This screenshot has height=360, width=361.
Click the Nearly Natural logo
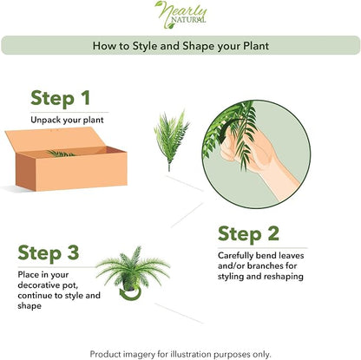point(180,15)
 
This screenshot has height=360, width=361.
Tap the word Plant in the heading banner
point(256,46)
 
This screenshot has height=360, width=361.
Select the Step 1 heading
point(60,99)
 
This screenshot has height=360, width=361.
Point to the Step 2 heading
point(248,234)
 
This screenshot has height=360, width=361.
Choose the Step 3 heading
point(49,253)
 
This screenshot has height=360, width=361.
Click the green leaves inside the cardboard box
point(61,154)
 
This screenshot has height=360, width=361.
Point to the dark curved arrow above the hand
point(228,128)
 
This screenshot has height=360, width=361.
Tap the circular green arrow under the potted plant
point(131,293)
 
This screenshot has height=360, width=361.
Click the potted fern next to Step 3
point(133,269)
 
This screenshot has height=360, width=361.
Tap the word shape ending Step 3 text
point(30,306)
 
